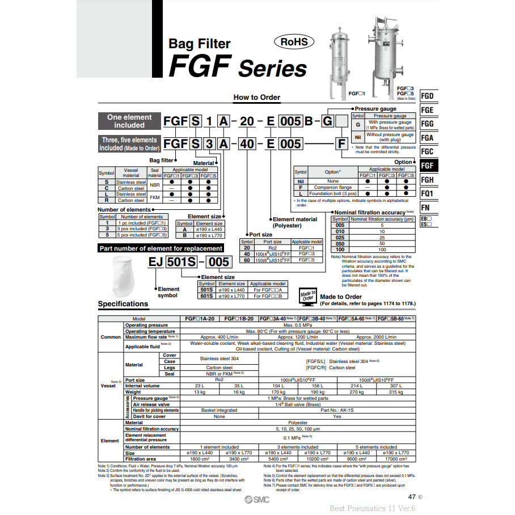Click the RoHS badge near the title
[x=293, y=42]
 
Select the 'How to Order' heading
[x=257, y=97]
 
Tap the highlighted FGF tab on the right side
[x=427, y=166]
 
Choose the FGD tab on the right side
[x=427, y=96]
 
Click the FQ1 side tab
[x=427, y=193]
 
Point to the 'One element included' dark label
[x=129, y=121]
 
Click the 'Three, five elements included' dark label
[x=129, y=143]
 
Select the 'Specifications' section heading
[x=123, y=304]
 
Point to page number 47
[x=412, y=497]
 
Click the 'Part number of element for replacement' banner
[x=161, y=248]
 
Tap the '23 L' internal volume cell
[x=200, y=386]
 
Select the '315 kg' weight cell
[x=396, y=392]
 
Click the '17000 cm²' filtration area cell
[x=396, y=459]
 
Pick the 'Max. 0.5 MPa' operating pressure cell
[x=298, y=325]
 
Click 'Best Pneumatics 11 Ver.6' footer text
[x=372, y=509]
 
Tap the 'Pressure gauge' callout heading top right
[x=375, y=109]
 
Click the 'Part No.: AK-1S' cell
[x=337, y=410]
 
